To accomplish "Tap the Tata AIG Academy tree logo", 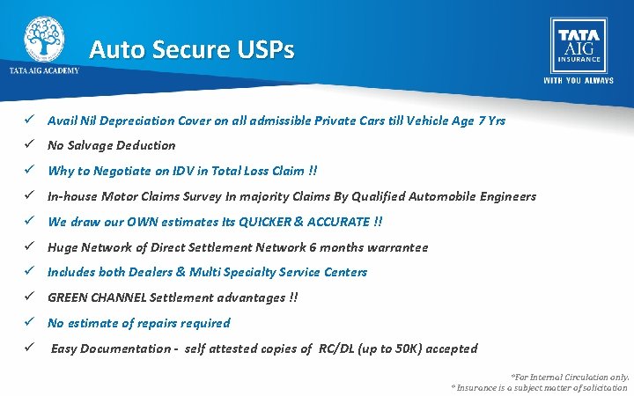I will coord(43,39).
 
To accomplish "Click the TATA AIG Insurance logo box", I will coord(578,46).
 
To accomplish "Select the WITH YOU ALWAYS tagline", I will coord(578,80).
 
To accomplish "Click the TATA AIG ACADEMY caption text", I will coord(44,70).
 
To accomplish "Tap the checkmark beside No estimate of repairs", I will coord(29,323).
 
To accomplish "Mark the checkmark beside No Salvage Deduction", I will coord(29,145).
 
